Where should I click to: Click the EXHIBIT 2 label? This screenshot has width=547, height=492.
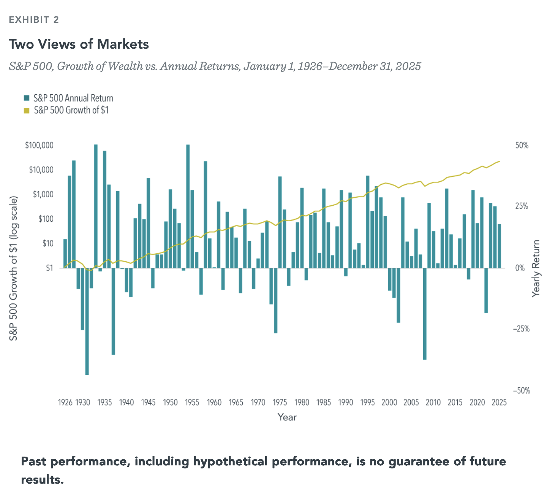click(x=34, y=20)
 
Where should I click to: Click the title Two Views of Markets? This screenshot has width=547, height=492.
click(x=79, y=44)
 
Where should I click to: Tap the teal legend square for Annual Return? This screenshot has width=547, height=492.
click(x=26, y=98)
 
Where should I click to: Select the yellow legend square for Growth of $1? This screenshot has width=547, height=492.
click(x=26, y=111)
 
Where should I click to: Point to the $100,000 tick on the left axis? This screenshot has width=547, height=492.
click(x=39, y=146)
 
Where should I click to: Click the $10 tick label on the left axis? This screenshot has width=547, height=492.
click(x=47, y=243)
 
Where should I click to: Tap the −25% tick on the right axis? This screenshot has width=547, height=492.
click(x=520, y=329)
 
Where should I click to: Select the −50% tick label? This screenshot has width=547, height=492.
click(x=520, y=391)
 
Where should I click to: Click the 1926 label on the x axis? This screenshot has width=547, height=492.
click(x=65, y=402)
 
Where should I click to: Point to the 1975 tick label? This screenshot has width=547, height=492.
click(x=280, y=402)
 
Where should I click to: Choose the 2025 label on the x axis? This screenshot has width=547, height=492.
click(x=499, y=402)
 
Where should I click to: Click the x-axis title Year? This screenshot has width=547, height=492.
click(x=287, y=417)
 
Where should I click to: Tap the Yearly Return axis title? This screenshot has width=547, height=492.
click(x=536, y=268)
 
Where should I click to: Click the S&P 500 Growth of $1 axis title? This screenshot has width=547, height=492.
click(x=14, y=268)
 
